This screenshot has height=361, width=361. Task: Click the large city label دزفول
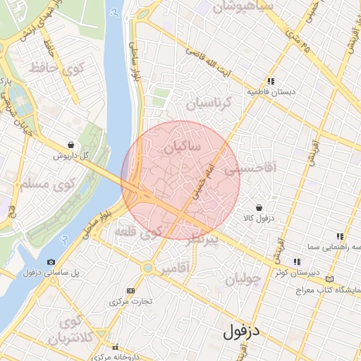pyautogui.click(x=241, y=331)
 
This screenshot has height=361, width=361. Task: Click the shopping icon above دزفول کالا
pyautogui.click(x=259, y=208)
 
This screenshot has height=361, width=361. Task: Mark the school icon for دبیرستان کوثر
pyautogui.click(x=296, y=262)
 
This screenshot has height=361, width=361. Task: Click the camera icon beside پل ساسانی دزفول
pyautogui.click(x=51, y=262)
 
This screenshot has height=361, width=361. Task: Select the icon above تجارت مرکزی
pyautogui.click(x=130, y=290)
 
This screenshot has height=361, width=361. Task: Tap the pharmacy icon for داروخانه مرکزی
pyautogui.click(x=115, y=347)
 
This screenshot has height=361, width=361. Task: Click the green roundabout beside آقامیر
pyautogui.click(x=148, y=268)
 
